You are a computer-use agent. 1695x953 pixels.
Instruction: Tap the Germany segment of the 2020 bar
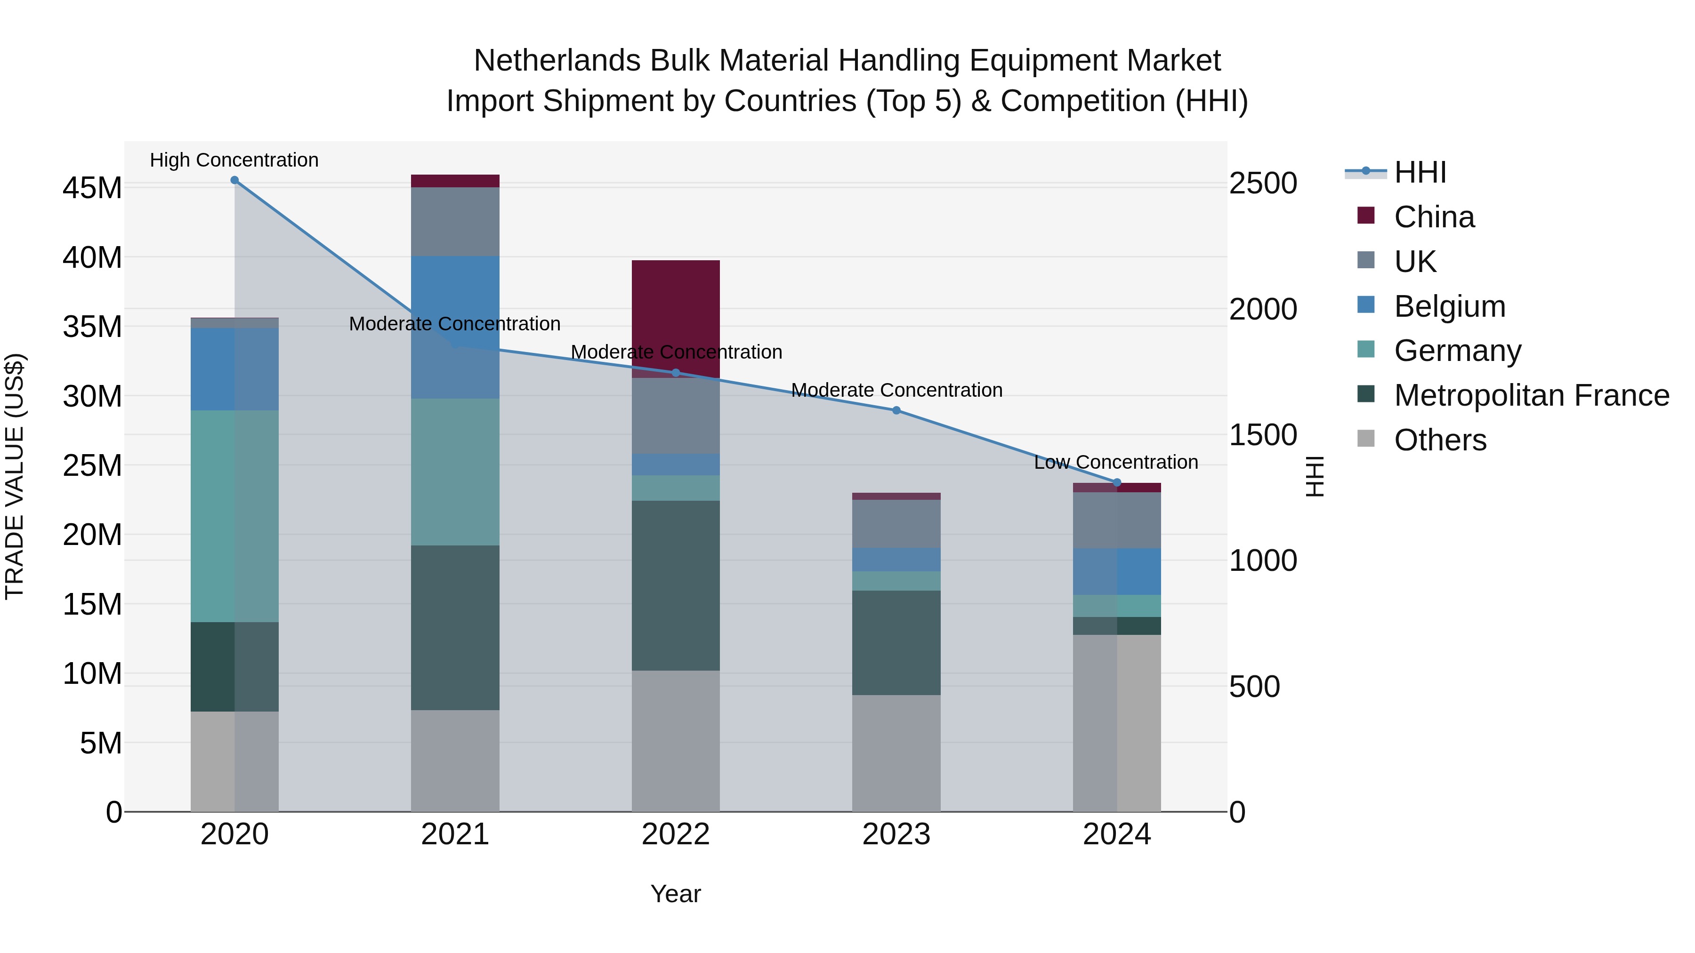point(234,516)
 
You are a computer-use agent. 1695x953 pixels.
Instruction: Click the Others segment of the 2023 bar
point(896,753)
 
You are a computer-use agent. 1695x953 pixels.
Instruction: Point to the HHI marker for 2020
point(234,180)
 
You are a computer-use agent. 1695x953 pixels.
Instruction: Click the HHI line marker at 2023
point(896,410)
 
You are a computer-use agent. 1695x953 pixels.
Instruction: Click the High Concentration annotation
point(234,160)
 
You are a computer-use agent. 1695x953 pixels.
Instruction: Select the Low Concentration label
point(1115,462)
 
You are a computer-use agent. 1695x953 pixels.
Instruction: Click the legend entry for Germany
point(1457,351)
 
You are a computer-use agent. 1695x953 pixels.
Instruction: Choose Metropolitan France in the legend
point(1531,395)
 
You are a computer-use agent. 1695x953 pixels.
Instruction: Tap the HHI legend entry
point(1420,172)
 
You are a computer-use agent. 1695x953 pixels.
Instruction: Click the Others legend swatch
point(1366,439)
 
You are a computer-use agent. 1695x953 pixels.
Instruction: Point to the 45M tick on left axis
point(92,188)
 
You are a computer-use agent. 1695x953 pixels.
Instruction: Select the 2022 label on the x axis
point(675,834)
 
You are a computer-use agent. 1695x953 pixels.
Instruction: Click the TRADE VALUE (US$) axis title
point(15,476)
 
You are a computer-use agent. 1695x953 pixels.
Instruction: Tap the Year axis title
point(675,894)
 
